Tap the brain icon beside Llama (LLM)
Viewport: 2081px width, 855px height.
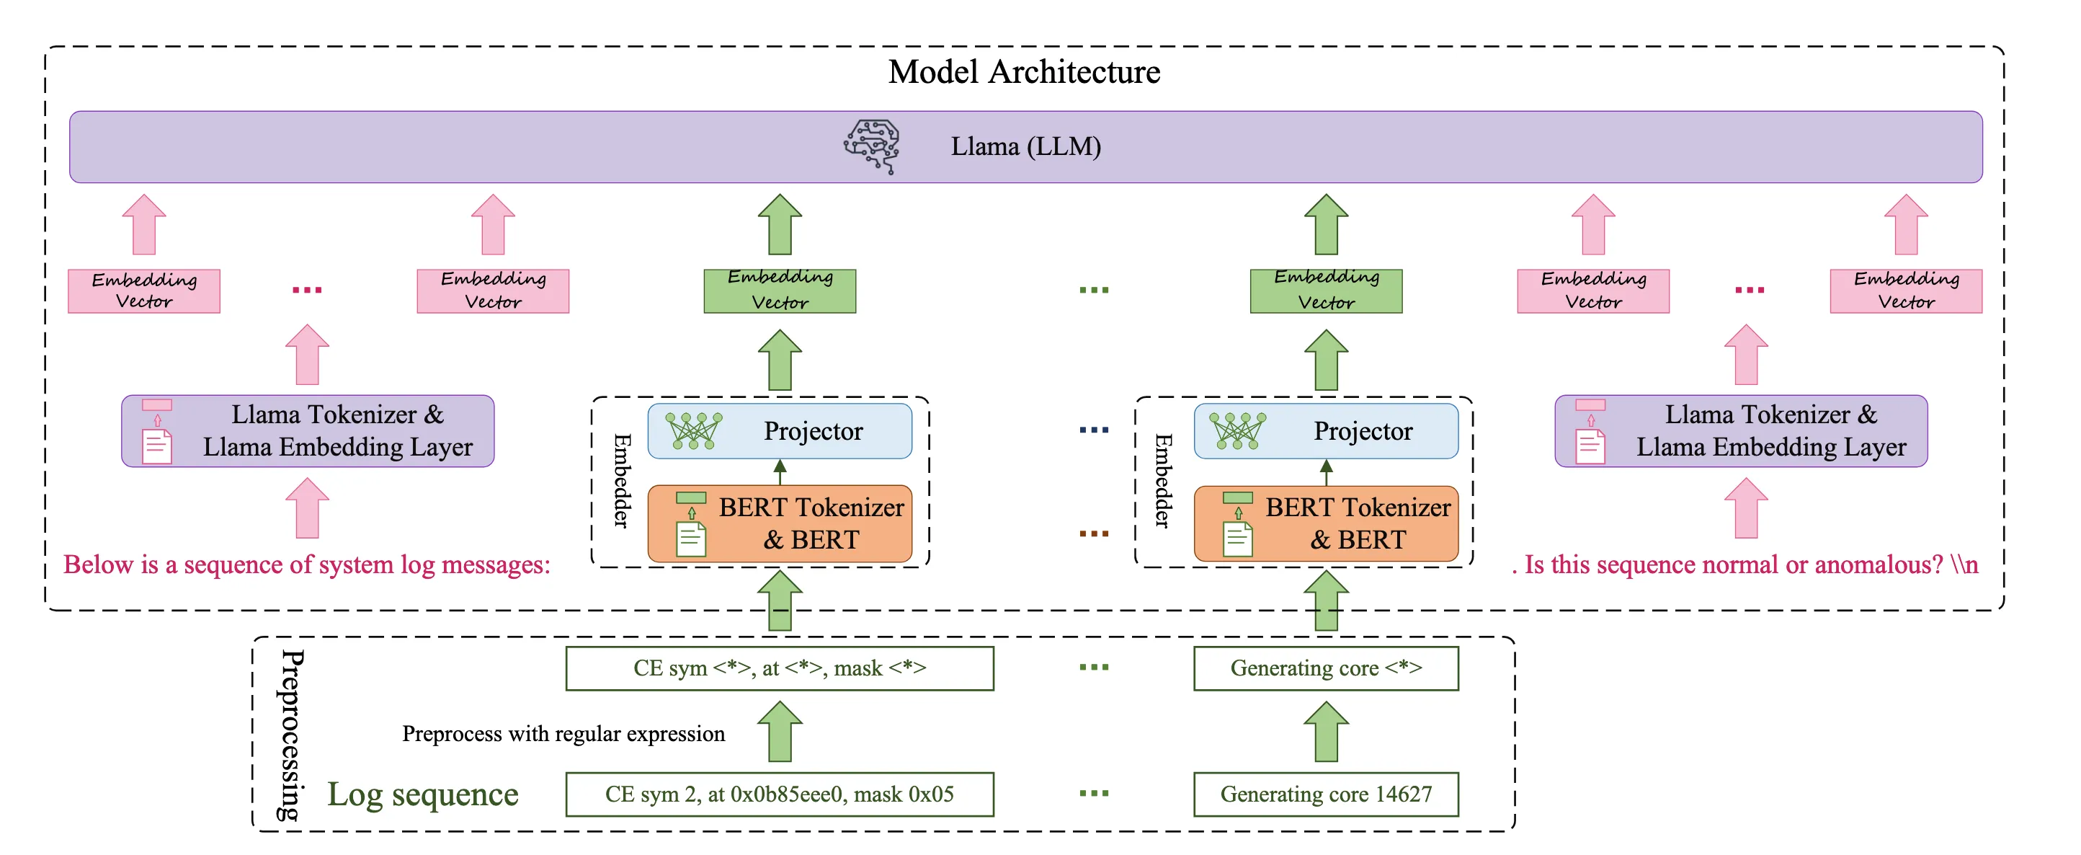(x=871, y=146)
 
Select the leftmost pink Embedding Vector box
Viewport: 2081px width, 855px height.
(x=144, y=291)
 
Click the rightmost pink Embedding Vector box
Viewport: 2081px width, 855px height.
(x=1906, y=291)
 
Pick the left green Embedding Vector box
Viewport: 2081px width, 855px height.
(x=780, y=291)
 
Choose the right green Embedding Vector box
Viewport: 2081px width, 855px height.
(x=1326, y=291)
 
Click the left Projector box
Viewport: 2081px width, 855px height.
(x=780, y=430)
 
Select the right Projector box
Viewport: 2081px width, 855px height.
(x=1326, y=430)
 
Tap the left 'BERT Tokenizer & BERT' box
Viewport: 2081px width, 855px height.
(x=780, y=523)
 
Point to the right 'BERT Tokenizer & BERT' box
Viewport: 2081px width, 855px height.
(x=1326, y=523)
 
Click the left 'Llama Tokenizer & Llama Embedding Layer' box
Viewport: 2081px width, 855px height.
(x=308, y=430)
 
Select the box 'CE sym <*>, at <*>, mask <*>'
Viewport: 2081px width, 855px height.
(x=780, y=668)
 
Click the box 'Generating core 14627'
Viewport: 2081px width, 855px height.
(x=1326, y=794)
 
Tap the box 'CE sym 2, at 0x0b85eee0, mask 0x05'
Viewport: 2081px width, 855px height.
(x=780, y=794)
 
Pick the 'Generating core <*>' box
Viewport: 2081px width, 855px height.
(x=1326, y=668)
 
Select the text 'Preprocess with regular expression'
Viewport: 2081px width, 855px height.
(x=564, y=734)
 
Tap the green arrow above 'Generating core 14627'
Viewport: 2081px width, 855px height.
(x=1326, y=731)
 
